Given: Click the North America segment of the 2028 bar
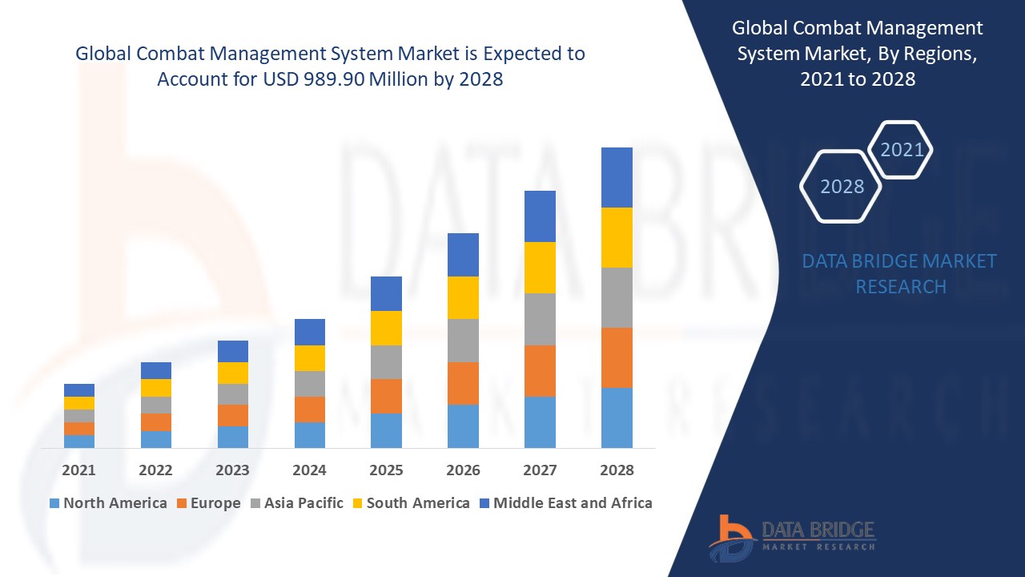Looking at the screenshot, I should pos(617,418).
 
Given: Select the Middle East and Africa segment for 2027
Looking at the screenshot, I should pos(540,216).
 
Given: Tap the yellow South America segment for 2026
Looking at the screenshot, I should pos(463,297).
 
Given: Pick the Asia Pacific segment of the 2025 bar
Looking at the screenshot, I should pos(386,362).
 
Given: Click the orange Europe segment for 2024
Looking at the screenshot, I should pos(310,409).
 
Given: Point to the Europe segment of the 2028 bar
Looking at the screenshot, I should pos(617,357).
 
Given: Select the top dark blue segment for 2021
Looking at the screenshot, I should pos(79,390).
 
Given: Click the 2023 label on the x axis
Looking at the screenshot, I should pos(232,470).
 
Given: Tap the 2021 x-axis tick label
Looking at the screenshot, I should pos(79,470).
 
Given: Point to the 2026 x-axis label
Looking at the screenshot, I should pos(463,470).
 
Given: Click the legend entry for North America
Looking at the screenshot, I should pos(108,503).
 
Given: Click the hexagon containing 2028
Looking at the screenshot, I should pos(841,187).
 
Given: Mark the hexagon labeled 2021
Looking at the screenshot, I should pos(901,150).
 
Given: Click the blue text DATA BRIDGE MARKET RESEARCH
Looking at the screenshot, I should pos(900,273).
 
